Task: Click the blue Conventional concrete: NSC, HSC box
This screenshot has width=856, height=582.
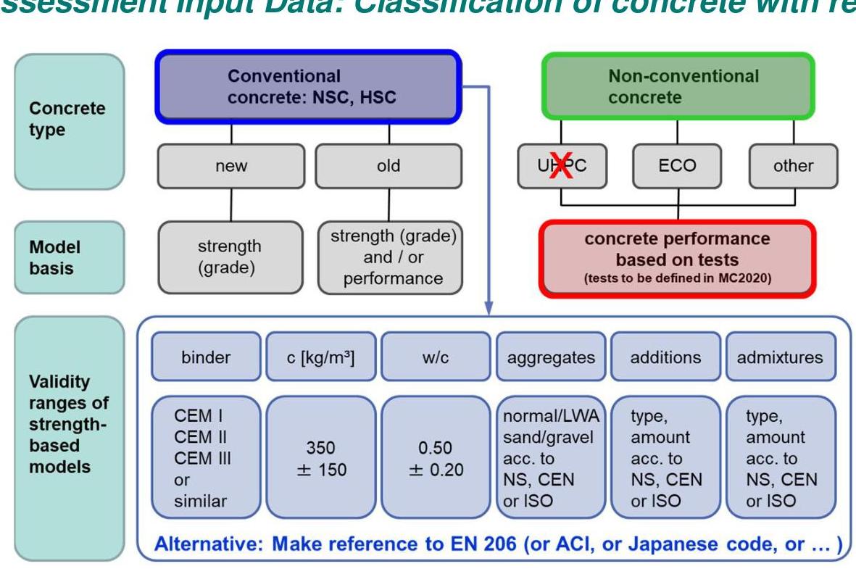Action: pyautogui.click(x=307, y=86)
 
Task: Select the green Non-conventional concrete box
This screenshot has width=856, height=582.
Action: pyautogui.click(x=678, y=86)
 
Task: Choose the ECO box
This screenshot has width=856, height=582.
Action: pyautogui.click(x=678, y=166)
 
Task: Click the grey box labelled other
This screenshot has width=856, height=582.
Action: pyautogui.click(x=793, y=166)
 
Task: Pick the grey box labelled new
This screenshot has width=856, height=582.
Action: pyautogui.click(x=230, y=166)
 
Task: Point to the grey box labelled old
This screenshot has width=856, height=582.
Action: pyautogui.click(x=388, y=166)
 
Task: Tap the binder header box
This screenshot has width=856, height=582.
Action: pyautogui.click(x=205, y=357)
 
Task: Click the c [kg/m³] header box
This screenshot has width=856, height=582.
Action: pyautogui.click(x=321, y=357)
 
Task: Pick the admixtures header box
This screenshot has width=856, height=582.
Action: pyautogui.click(x=779, y=357)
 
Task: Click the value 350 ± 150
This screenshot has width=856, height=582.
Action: pyautogui.click(x=321, y=459)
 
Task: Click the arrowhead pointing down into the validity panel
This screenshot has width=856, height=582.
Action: pyautogui.click(x=489, y=309)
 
